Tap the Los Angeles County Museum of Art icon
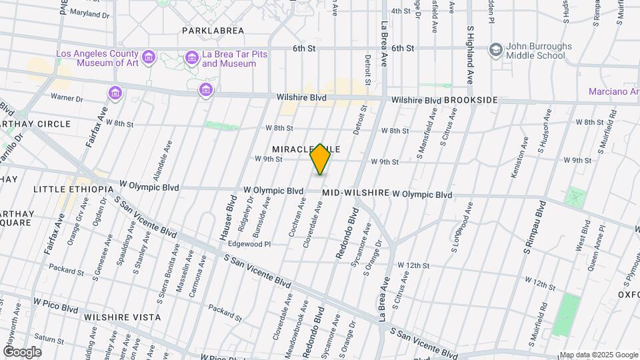tap(148, 58)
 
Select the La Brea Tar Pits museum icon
tap(192, 58)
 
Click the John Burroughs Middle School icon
tap(495, 50)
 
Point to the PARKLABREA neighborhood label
tap(213, 31)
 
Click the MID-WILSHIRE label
tap(355, 193)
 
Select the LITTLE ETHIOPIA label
tap(74, 189)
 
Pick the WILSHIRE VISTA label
tap(120, 317)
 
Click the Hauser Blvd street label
tap(227, 217)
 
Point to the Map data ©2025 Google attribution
tap(598, 355)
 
